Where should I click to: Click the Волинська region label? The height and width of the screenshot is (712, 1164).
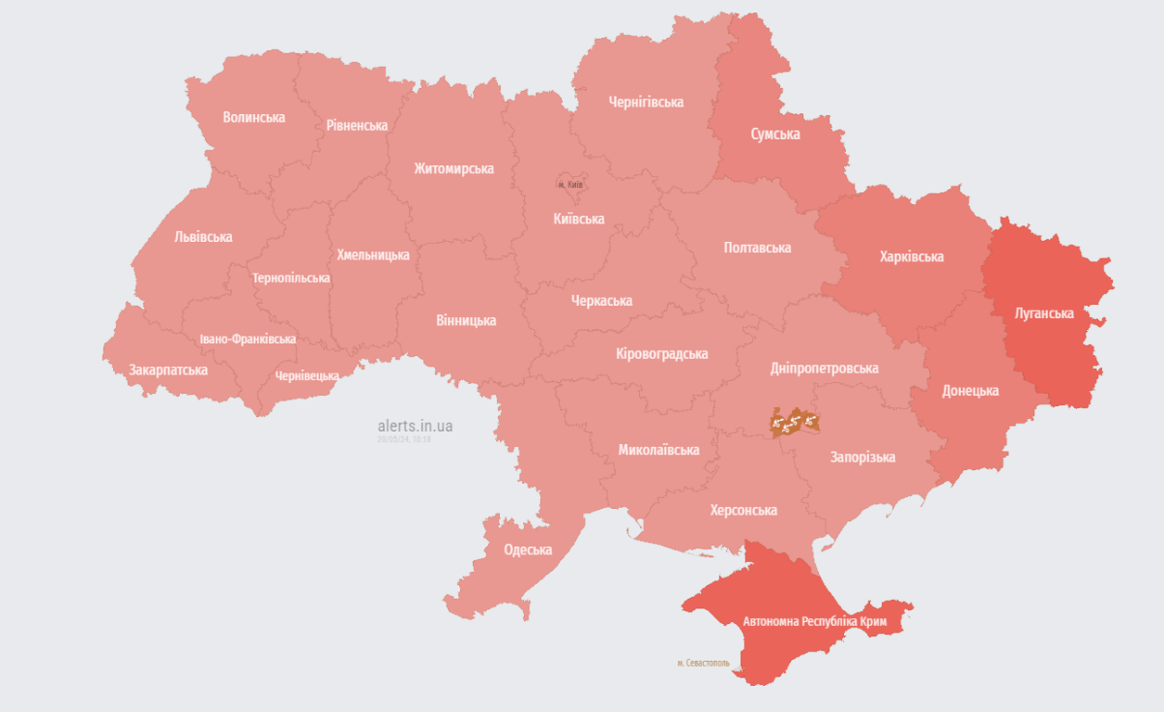(253, 118)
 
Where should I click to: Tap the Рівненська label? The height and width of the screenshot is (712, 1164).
(356, 125)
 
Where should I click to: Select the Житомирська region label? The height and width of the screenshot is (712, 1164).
(454, 169)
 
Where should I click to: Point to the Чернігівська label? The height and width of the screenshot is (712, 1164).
(646, 102)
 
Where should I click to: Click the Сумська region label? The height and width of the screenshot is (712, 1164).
(774, 134)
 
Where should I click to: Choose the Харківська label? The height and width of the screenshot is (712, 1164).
(911, 257)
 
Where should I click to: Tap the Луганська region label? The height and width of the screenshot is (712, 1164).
(1043, 313)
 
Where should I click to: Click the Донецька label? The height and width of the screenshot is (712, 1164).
(970, 390)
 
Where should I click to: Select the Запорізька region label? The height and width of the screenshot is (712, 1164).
(863, 457)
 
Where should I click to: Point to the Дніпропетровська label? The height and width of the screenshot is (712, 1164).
(824, 368)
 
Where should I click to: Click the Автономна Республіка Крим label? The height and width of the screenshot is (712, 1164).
(814, 620)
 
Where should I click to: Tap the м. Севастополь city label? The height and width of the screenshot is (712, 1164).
(703, 663)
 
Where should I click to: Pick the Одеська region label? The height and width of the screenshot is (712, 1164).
(528, 550)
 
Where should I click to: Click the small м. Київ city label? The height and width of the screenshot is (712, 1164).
(570, 184)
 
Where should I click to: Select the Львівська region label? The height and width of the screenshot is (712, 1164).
(203, 236)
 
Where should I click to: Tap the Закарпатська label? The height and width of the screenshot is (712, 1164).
(168, 370)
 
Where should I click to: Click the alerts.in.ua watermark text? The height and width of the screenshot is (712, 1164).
(415, 426)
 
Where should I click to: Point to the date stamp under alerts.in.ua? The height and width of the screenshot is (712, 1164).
(403, 439)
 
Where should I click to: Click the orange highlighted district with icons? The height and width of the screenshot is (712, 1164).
(794, 423)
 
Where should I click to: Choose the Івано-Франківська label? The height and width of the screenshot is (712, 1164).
(248, 338)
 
